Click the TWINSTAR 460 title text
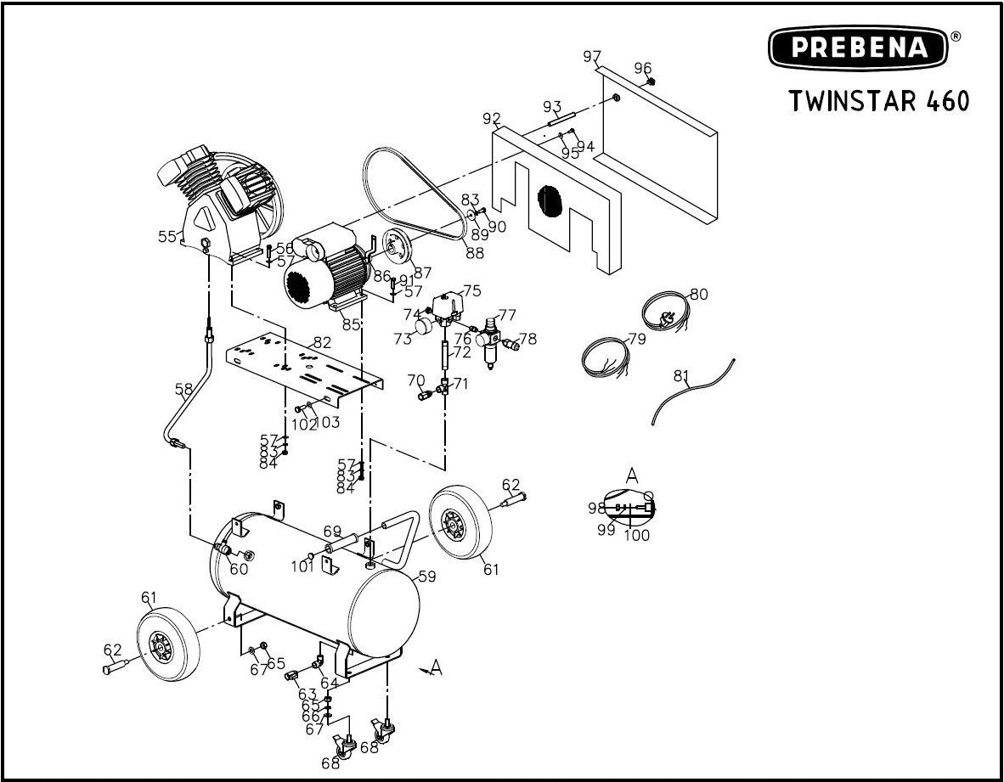pyautogui.click(x=878, y=100)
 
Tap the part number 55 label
pyautogui.click(x=167, y=236)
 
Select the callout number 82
pyautogui.click(x=321, y=342)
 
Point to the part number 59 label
pyautogui.click(x=426, y=576)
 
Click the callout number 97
pyautogui.click(x=592, y=56)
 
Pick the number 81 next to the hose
pyautogui.click(x=681, y=375)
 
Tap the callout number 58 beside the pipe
pyautogui.click(x=183, y=390)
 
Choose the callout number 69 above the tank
pyautogui.click(x=332, y=531)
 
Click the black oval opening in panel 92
pyautogui.click(x=550, y=204)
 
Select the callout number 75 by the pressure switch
pyautogui.click(x=471, y=290)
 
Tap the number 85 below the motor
pyautogui.click(x=351, y=323)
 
